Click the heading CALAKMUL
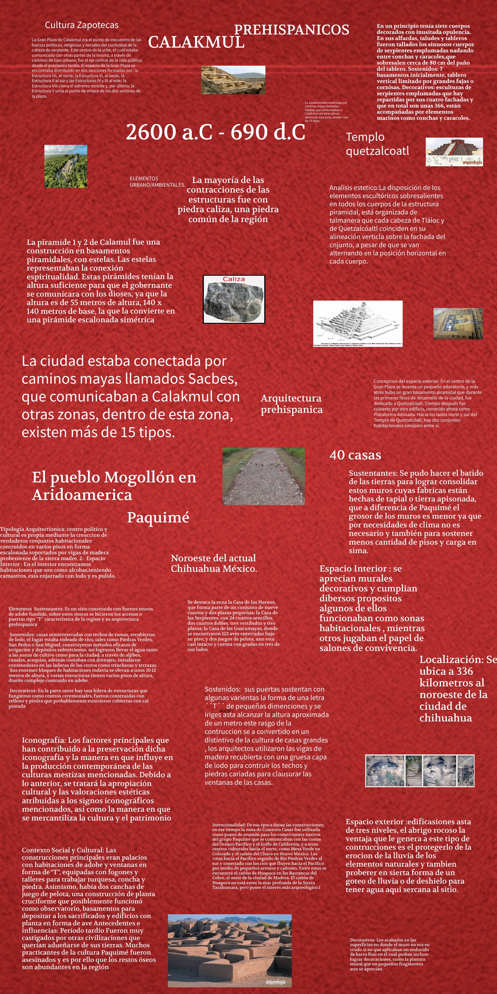[196, 42]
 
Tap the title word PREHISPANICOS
[291, 30]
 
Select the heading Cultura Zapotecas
[81, 25]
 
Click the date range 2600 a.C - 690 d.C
[215, 132]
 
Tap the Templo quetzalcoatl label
[377, 143]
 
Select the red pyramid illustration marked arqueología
[454, 152]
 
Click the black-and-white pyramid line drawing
[357, 323]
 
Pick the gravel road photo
[263, 476]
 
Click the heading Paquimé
[158, 517]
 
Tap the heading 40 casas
[355, 455]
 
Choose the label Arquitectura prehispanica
[291, 404]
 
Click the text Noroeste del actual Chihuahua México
[214, 563]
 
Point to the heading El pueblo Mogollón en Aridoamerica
[114, 486]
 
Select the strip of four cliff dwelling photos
[420, 770]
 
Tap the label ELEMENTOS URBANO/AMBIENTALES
[157, 182]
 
